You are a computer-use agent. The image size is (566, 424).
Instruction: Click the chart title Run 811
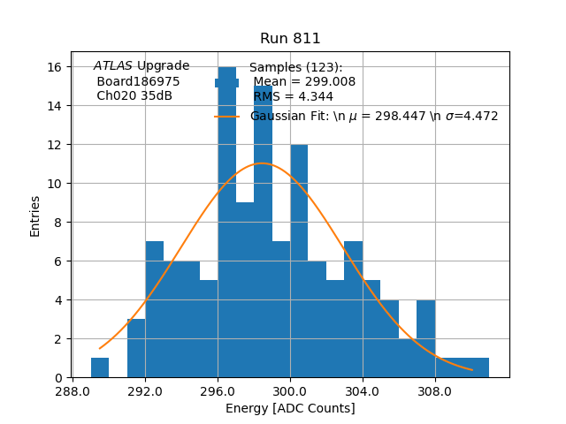tap(290, 39)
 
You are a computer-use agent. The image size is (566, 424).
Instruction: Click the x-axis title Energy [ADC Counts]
tap(290, 408)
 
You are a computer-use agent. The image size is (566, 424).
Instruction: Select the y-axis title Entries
tap(35, 216)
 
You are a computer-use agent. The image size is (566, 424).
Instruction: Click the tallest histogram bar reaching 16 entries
tap(226, 221)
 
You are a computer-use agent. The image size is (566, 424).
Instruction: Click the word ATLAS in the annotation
tap(113, 66)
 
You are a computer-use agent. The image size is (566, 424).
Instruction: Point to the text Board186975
tap(138, 81)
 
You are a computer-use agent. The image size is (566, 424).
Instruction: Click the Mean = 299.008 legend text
tap(304, 82)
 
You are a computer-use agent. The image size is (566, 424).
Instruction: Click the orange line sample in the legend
tap(226, 116)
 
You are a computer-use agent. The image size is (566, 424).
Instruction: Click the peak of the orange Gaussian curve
tap(262, 163)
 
